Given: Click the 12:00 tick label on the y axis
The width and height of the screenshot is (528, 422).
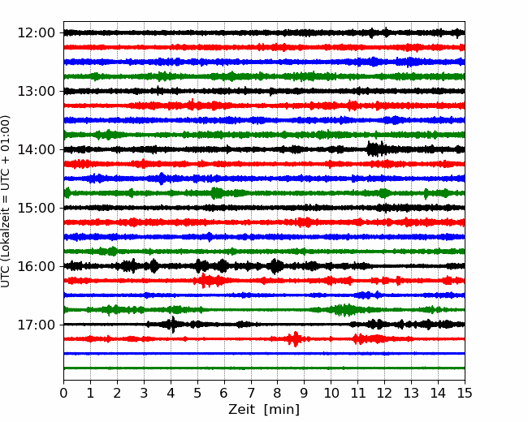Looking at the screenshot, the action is click(x=36, y=33).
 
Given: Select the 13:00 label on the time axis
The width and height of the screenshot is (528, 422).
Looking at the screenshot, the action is click(x=36, y=91).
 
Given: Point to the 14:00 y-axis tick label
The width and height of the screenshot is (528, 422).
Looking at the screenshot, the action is click(x=36, y=149).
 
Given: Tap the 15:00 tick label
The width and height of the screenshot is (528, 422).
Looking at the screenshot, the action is click(x=36, y=208).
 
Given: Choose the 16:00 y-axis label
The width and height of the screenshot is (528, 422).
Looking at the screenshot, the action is click(x=36, y=266).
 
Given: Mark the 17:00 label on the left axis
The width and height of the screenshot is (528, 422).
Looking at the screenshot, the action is click(x=36, y=325).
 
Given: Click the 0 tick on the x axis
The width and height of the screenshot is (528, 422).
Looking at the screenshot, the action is click(x=63, y=393).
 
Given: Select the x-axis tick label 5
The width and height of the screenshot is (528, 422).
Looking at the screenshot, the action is click(x=197, y=393).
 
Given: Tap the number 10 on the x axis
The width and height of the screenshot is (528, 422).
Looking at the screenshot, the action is click(x=331, y=393).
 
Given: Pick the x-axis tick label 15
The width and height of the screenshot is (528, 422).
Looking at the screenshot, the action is click(x=465, y=393).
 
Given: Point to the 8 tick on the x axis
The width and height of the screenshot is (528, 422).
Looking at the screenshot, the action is click(x=278, y=393).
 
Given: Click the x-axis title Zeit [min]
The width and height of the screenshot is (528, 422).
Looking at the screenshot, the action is click(x=264, y=410).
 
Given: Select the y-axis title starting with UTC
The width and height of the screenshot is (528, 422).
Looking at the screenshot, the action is click(x=6, y=201).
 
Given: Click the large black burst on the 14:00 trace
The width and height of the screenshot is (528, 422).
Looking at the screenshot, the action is click(x=376, y=149).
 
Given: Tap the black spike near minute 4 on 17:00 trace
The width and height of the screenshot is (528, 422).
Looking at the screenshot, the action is click(x=172, y=325).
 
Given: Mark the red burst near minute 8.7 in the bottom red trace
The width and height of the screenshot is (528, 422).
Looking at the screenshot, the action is click(x=296, y=339).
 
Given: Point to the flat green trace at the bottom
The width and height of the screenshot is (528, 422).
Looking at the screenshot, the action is click(x=264, y=368).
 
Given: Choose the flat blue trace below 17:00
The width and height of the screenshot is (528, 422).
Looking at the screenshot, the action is click(x=264, y=354).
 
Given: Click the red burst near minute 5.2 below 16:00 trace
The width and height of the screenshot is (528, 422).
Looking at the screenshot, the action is click(x=203, y=280).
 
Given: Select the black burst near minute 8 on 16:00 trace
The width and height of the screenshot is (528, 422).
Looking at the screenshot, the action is click(x=276, y=266).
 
